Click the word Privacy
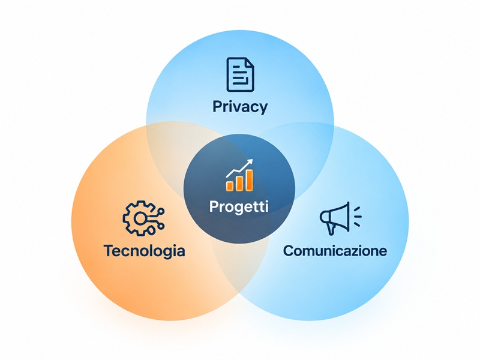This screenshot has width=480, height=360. click(x=240, y=107)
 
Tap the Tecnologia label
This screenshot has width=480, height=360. click(x=145, y=251)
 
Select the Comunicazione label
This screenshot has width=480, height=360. click(x=335, y=250)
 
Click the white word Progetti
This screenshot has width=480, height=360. click(x=239, y=206)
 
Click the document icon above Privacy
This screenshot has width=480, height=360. click(x=241, y=74)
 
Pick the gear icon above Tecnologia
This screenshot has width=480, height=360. click(x=143, y=218)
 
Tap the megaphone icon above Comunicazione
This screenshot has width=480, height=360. click(x=340, y=218)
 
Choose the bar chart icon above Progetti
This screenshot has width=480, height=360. click(x=239, y=175)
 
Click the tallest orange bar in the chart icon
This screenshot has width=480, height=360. click(x=250, y=181)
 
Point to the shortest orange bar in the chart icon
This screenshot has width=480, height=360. click(x=230, y=186)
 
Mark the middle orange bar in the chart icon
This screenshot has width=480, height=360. click(x=239, y=183)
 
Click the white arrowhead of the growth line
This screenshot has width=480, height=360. click(x=250, y=161)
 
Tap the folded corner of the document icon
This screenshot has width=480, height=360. click(x=250, y=62)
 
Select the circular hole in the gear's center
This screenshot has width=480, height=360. click(x=140, y=218)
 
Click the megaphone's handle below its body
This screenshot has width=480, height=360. click(x=331, y=229)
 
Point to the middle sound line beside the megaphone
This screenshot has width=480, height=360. click(x=358, y=216)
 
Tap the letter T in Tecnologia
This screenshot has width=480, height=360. click(x=109, y=250)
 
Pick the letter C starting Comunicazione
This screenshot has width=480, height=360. click(x=289, y=250)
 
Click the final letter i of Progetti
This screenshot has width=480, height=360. click(x=266, y=206)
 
